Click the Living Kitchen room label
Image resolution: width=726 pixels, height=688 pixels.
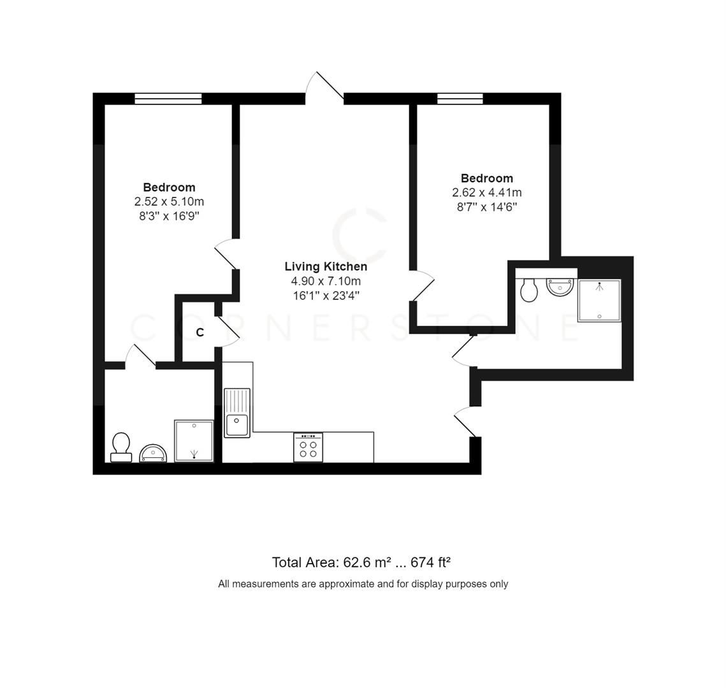click(325, 267)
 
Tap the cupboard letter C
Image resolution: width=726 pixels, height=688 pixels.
click(200, 333)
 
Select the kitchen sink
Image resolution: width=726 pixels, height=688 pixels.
click(237, 413)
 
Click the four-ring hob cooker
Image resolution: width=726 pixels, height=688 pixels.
click(308, 447)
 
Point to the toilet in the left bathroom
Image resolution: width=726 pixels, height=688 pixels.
click(120, 446)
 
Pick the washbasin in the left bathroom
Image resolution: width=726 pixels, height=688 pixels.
click(153, 453)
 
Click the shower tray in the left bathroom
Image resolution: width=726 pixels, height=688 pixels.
click(194, 440)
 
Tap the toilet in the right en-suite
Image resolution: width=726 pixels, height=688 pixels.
click(529, 290)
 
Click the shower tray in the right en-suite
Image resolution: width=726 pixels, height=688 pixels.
click(599, 300)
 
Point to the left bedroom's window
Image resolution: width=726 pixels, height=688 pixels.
click(168, 99)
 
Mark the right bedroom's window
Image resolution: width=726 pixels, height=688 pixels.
click(460, 99)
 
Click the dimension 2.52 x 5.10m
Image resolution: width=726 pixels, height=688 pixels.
click(169, 201)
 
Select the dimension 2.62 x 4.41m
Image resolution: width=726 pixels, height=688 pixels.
click(486, 192)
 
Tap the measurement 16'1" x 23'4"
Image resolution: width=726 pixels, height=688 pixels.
click(325, 296)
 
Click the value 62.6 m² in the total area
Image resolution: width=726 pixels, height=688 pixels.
click(367, 563)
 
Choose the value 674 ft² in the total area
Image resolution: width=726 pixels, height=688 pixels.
click(431, 563)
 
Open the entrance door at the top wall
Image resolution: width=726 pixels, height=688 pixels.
click(325, 88)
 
